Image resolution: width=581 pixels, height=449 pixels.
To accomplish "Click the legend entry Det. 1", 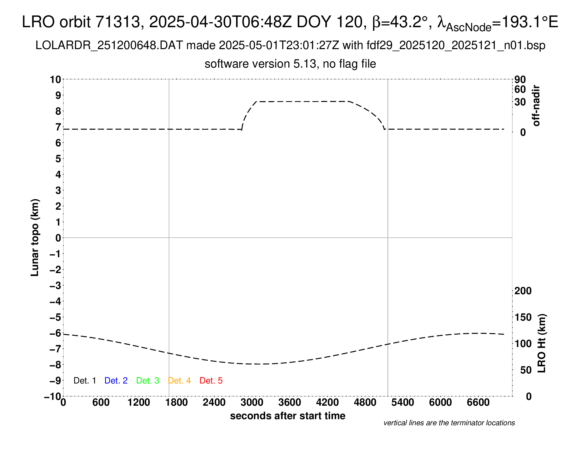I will (85, 381).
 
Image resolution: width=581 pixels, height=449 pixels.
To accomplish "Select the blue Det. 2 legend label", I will (116, 381).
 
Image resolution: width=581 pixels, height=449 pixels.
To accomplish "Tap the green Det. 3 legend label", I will (148, 381).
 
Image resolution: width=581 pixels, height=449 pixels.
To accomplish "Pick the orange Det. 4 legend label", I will (179, 381).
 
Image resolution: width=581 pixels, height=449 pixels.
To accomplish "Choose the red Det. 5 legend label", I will (211, 381).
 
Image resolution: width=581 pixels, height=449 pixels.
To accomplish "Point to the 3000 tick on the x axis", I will (252, 403).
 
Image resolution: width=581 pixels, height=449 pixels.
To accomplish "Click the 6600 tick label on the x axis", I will (478, 403).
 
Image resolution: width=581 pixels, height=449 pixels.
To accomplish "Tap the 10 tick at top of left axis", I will (56, 79).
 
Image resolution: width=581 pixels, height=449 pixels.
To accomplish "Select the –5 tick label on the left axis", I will (56, 317).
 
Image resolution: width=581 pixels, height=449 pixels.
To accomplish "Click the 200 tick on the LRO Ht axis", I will (523, 291).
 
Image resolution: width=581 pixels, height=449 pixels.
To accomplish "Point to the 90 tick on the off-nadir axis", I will (520, 79).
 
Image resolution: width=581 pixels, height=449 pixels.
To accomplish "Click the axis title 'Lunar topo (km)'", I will (35, 237).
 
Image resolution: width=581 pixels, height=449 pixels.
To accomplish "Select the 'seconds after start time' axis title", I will (288, 416).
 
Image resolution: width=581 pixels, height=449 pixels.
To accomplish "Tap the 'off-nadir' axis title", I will (536, 106).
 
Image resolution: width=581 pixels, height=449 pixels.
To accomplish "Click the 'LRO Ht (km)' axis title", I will (542, 343).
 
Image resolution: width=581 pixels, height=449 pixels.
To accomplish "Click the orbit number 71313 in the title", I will (118, 22).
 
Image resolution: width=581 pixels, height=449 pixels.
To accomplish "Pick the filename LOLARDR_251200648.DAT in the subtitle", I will (109, 45).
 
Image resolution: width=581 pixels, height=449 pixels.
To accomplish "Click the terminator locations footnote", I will (449, 423).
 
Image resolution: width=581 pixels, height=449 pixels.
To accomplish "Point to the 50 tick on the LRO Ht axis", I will (526, 370).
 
